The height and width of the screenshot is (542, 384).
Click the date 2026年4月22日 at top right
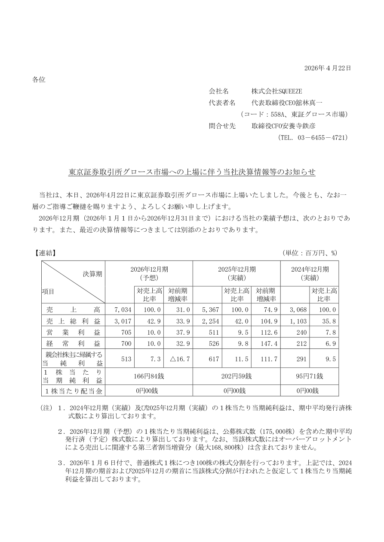327,68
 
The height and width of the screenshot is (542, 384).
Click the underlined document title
192,172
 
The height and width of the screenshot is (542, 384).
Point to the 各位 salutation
39,79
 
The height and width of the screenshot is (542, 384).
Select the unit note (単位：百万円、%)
310,253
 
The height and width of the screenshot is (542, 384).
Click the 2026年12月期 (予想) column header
149,273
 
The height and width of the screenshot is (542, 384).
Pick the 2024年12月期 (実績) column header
310,273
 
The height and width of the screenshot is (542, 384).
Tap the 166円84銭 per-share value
149,376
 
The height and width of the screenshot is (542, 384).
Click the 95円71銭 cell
310,376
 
